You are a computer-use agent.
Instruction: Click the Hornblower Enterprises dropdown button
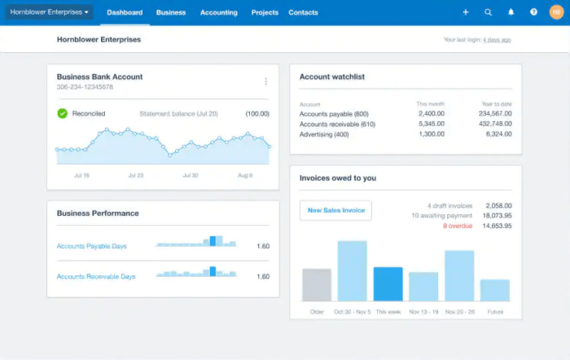point(50,12)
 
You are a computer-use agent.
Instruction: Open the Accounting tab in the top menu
point(219,12)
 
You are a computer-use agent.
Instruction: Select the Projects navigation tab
point(265,12)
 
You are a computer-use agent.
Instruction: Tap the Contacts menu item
point(304,12)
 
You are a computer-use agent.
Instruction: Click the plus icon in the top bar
point(466,12)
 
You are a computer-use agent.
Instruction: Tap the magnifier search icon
point(489,12)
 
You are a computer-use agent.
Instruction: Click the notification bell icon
point(511,12)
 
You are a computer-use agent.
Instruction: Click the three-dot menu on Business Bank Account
point(265,81)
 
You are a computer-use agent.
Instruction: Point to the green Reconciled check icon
point(62,113)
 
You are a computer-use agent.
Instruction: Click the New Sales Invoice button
point(335,210)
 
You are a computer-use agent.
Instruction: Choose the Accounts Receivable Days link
point(96,277)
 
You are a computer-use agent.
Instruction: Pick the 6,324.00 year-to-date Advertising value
point(498,134)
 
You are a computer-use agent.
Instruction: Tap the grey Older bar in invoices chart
point(317,285)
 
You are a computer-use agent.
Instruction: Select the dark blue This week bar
point(388,284)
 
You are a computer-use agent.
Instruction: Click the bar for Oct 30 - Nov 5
point(352,271)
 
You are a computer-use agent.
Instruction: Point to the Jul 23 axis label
point(135,175)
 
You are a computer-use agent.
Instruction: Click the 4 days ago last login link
point(497,39)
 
